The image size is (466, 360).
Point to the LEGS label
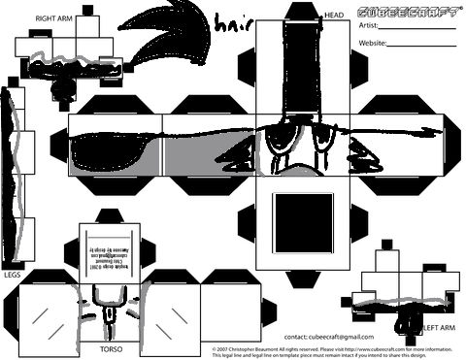12,275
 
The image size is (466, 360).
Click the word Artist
369,25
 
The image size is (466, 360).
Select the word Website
374,44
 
